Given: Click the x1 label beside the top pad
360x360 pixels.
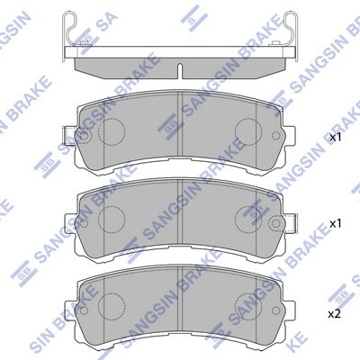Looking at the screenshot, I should click(336, 139).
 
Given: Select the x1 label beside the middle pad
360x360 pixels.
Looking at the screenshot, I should click(336, 222).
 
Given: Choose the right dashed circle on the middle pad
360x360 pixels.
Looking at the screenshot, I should click(247, 219).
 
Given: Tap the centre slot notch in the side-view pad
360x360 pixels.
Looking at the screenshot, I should click(180, 68).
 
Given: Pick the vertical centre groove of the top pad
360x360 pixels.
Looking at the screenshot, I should click(181, 130).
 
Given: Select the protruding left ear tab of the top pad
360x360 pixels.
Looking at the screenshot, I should click(68, 136).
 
